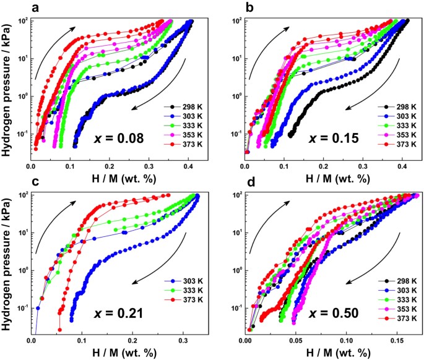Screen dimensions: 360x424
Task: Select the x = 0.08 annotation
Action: click(x=116, y=137)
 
